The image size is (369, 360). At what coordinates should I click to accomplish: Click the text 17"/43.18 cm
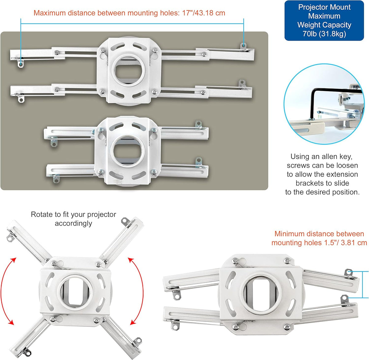(x=204, y=13)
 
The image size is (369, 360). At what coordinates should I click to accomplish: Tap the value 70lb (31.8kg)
(x=324, y=34)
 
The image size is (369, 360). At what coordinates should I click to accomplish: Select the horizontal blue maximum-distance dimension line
(x=132, y=24)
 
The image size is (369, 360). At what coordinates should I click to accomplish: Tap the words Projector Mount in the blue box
(x=324, y=7)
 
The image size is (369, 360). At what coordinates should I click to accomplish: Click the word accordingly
(x=73, y=223)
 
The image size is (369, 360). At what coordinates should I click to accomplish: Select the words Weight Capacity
(x=324, y=25)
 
